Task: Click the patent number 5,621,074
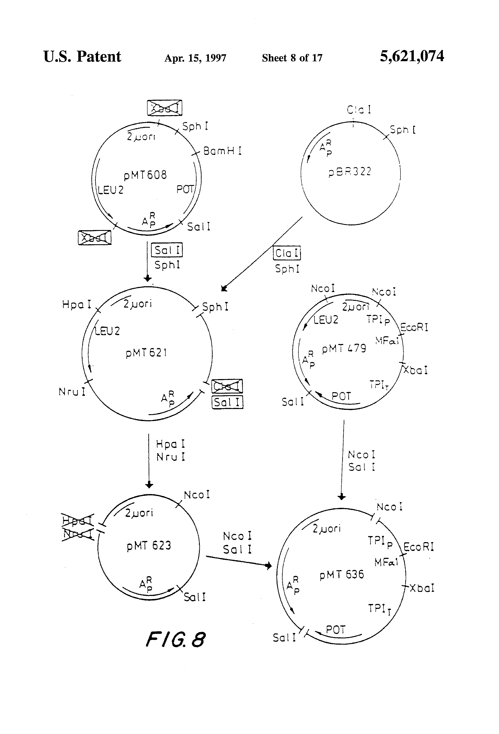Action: pos(412,56)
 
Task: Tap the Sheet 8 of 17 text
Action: pos(292,58)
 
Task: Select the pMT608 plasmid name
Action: pos(145,175)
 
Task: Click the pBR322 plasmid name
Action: pos(350,172)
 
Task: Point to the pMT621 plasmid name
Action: pos(146,353)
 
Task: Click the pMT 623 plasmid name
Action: pos(149,546)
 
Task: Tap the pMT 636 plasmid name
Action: pos(342,574)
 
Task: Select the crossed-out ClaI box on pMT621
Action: pos(227,386)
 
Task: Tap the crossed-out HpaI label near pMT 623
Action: pos(78,521)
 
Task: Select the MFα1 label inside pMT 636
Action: pos(386,562)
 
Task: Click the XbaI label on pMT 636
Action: pos(421,588)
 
